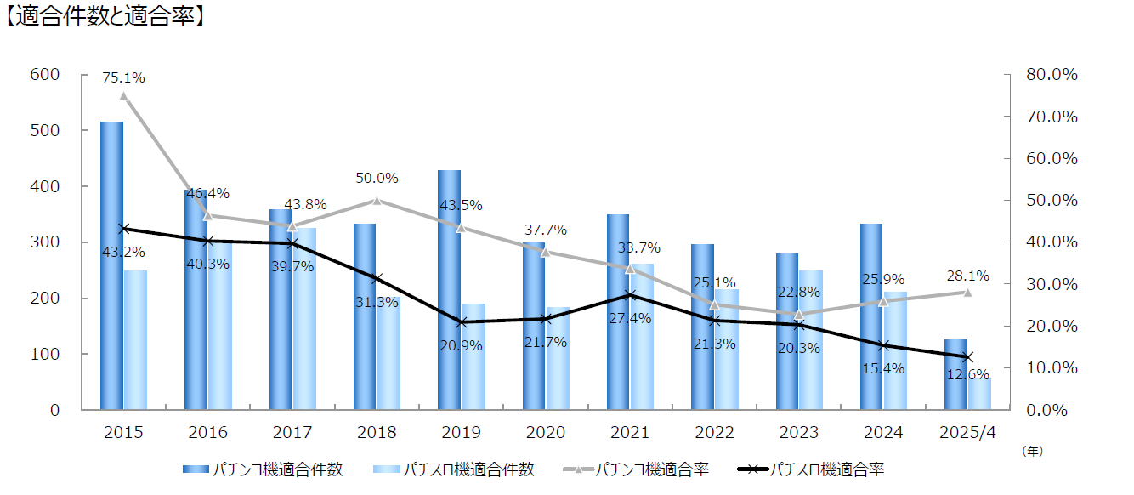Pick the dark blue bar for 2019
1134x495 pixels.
click(x=449, y=289)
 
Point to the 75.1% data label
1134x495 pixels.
click(x=123, y=77)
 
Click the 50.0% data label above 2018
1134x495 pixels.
click(x=377, y=179)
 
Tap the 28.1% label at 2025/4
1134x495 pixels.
click(x=967, y=276)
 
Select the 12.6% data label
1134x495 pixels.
click(x=967, y=374)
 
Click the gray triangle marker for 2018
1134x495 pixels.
click(x=377, y=200)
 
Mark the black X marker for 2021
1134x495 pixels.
click(x=630, y=295)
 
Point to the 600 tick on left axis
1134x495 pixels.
click(x=45, y=75)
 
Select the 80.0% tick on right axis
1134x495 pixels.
click(x=1052, y=75)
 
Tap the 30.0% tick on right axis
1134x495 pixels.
click(x=1052, y=284)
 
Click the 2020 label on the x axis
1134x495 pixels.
click(x=546, y=432)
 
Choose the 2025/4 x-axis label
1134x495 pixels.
click(x=967, y=432)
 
